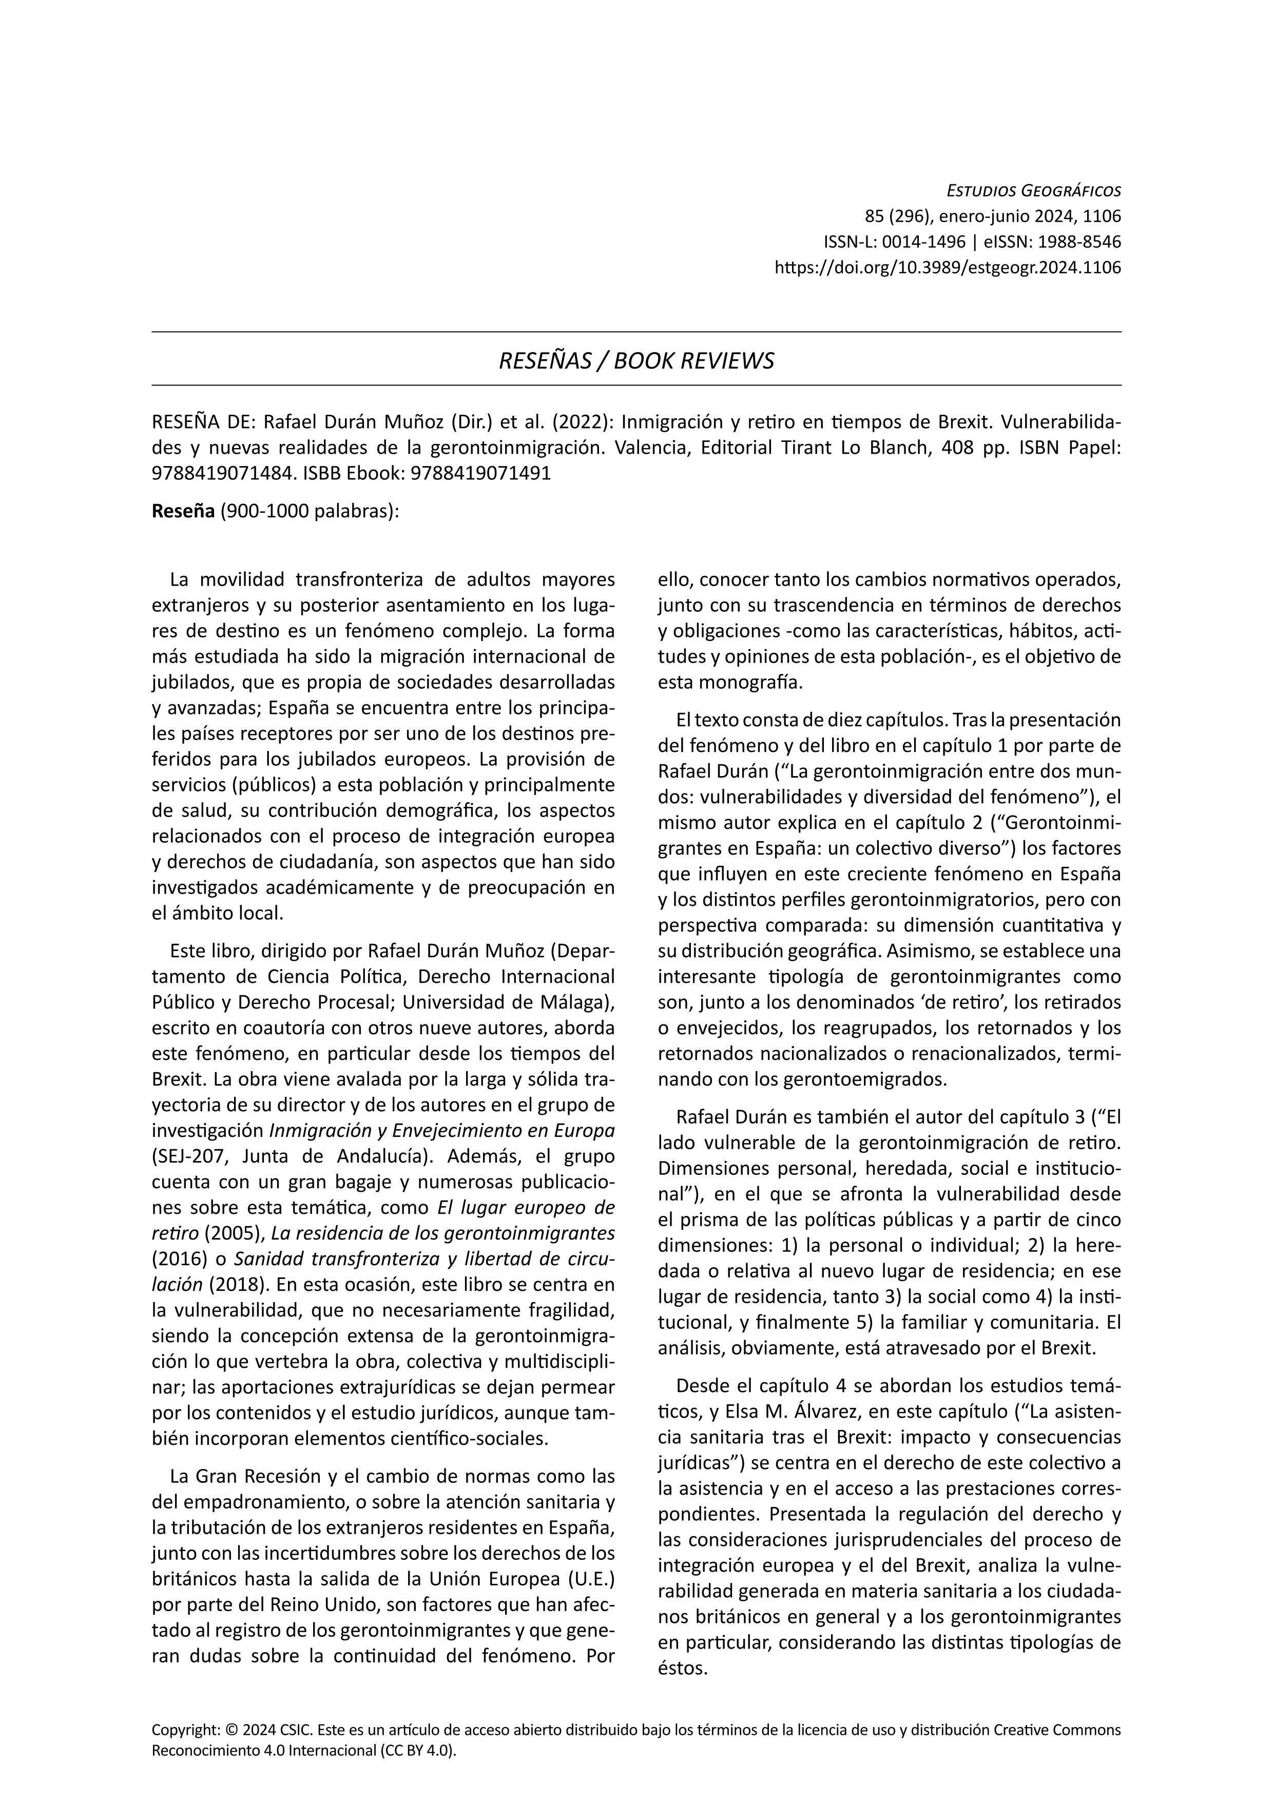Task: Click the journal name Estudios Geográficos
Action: [x=1034, y=190]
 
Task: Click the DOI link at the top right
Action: [x=948, y=267]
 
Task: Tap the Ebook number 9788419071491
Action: [x=480, y=474]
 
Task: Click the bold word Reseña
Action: [x=183, y=511]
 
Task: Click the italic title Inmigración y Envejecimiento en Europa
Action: [x=441, y=1131]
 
